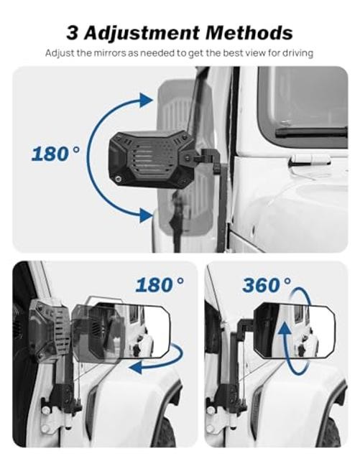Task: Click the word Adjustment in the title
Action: coord(143,32)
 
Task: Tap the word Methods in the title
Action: coord(249,32)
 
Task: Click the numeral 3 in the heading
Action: coord(73,32)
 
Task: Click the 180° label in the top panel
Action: coord(55,154)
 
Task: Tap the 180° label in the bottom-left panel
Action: coord(160,284)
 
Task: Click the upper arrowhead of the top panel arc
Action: coord(146,100)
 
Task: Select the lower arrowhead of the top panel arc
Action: coord(146,215)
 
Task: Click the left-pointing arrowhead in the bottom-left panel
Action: coord(135,367)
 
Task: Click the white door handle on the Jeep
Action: coord(310,159)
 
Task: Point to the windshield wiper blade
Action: coord(310,131)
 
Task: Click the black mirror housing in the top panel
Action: coord(152,159)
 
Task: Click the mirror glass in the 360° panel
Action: coord(294,330)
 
